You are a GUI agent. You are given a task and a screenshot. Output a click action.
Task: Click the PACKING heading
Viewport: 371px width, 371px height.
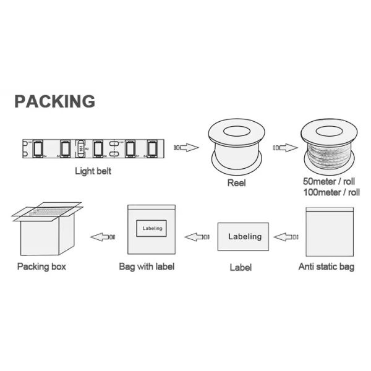54,101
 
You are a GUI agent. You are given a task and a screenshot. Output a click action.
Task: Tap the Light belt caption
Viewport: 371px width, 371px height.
93,171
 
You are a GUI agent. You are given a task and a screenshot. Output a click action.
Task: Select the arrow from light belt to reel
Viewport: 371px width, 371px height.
186,147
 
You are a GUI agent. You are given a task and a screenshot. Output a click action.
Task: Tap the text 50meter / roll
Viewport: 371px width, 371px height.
331,182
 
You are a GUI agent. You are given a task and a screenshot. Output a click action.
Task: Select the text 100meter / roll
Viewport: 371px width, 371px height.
331,193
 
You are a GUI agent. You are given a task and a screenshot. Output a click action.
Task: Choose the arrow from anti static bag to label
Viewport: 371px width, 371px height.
286,236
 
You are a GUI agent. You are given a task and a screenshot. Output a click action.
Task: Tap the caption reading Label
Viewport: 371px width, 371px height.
241,268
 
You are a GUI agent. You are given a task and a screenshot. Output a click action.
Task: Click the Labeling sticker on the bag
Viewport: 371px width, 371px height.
151,229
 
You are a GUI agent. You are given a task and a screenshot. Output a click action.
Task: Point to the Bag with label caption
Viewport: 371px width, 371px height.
147,267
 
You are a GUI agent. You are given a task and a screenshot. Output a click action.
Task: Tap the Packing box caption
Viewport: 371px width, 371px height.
41,267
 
